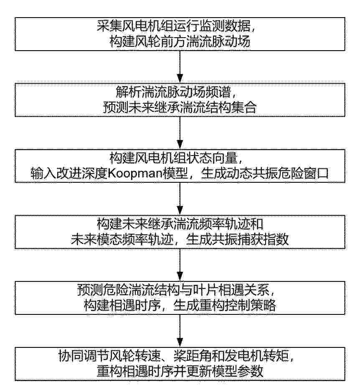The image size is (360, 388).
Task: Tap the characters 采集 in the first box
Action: (x=109, y=26)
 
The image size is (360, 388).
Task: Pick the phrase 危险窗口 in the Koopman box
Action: (x=303, y=174)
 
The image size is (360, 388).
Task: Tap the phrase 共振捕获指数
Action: (x=250, y=240)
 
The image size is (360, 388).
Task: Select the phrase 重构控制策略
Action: (x=237, y=305)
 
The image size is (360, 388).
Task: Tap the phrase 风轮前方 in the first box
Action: (x=160, y=41)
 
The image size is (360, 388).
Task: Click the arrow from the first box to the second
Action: (x=180, y=67)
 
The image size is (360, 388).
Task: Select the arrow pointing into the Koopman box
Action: (x=180, y=133)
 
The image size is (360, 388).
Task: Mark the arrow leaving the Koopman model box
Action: (x=180, y=199)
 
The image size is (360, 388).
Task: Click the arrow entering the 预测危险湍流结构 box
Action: (x=180, y=265)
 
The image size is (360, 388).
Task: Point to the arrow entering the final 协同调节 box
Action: (x=180, y=331)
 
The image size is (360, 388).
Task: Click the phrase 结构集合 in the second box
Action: (x=231, y=107)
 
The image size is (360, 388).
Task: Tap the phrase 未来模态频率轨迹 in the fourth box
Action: (x=122, y=240)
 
